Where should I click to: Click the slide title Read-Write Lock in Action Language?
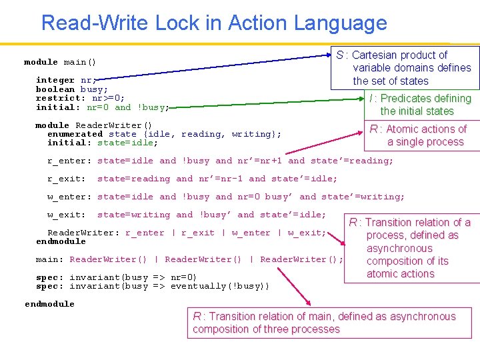pyautogui.click(x=214, y=23)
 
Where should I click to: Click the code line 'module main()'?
pyautogui.click(x=60, y=62)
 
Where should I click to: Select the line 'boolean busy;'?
pyautogui.click(x=72, y=89)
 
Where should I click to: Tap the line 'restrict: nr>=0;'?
pyautogui.click(x=80, y=98)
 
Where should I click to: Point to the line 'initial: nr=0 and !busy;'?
pyautogui.click(x=102, y=107)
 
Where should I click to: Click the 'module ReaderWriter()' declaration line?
pyautogui.click(x=93, y=125)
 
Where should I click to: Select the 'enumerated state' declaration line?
pyautogui.click(x=164, y=134)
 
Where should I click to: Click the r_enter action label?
pyautogui.click(x=67, y=161)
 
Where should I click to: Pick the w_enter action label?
pyautogui.click(x=67, y=197)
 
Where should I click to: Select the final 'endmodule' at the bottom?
pyautogui.click(x=49, y=304)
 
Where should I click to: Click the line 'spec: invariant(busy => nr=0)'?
pyautogui.click(x=116, y=277)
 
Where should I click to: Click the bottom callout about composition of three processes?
pyautogui.click(x=324, y=323)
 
